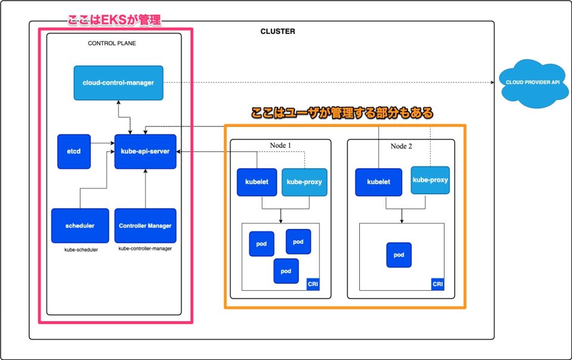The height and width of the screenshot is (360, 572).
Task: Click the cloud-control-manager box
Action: [x=118, y=83]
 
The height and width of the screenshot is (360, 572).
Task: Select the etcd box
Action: [x=73, y=151]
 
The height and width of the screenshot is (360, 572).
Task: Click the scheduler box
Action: [x=80, y=225]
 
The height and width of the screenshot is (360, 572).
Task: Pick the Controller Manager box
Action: [x=145, y=225]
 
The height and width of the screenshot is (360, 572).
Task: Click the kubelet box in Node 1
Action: [x=256, y=182]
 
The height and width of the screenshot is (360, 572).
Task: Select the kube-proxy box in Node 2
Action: [x=430, y=179]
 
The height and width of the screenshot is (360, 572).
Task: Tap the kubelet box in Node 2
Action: [x=378, y=182]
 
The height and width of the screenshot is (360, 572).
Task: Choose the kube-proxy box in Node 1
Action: [x=304, y=182]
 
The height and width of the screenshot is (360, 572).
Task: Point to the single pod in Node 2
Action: [x=399, y=255]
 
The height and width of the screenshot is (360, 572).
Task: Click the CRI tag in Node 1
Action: [x=313, y=284]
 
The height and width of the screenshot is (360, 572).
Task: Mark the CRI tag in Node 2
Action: [x=438, y=284]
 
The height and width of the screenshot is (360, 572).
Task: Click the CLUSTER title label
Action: [x=278, y=31]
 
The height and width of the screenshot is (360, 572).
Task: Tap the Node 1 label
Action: [x=280, y=146]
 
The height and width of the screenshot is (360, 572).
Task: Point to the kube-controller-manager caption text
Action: [x=145, y=249]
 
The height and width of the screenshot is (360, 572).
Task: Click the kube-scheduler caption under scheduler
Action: [x=81, y=250]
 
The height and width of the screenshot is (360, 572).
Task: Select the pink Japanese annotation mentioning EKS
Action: [x=114, y=20]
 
